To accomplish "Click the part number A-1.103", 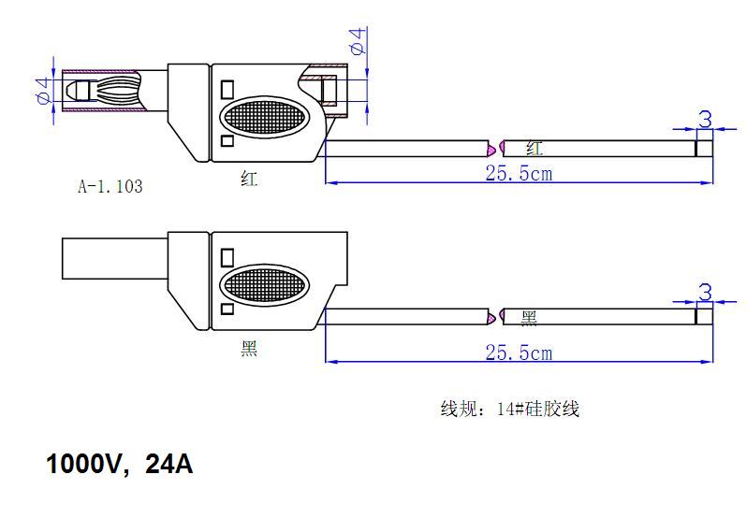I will click(110, 187).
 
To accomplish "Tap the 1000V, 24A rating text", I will click(120, 464).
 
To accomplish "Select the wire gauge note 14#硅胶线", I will click(510, 409).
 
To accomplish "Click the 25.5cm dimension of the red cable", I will click(518, 173).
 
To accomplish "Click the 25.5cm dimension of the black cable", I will click(518, 353).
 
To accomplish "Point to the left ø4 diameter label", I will click(42, 91).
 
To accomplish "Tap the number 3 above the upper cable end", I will click(705, 119).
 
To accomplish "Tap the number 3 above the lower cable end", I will click(705, 291).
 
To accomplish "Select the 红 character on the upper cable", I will click(535, 148).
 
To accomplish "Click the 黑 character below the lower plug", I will click(248, 349).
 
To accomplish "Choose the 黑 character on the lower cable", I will click(529, 319).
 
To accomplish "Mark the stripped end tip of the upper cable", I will click(704, 148).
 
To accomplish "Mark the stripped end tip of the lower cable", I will click(704, 317).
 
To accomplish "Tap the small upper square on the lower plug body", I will click(227, 255).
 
